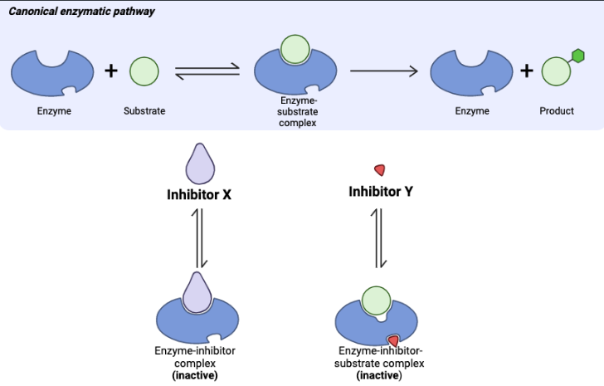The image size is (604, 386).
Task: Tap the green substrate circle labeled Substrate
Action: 144,71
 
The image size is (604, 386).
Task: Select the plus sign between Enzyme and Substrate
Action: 111,71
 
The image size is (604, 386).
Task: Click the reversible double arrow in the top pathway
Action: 207,72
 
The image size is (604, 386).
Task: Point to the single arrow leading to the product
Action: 384,71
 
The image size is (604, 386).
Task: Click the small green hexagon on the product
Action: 578,56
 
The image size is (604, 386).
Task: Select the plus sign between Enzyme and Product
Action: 526,71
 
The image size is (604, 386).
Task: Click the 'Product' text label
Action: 557,111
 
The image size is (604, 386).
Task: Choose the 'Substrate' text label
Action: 144,111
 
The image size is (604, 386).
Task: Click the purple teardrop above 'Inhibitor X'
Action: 199,164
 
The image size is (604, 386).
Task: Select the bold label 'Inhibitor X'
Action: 199,196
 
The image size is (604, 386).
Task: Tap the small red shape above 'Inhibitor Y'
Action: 380,170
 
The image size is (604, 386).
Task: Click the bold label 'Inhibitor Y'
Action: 380,193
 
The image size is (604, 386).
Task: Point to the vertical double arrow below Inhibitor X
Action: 199,237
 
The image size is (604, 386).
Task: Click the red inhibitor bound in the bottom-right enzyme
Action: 393,340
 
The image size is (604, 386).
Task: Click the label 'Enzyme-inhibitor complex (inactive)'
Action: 195,363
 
